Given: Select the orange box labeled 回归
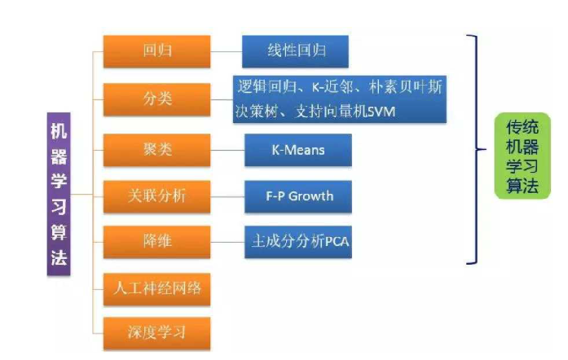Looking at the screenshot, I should tap(156, 50).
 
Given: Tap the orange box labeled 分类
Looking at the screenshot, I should tap(156, 99).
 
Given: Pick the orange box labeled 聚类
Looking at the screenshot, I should tap(156, 149).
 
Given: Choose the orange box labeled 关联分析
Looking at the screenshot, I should tap(156, 195).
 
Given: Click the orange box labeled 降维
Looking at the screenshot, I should tap(156, 241).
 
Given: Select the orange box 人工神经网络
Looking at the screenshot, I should tap(156, 288).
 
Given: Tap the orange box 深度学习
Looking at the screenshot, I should tap(156, 332).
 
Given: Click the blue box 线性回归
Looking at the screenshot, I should tap(295, 50).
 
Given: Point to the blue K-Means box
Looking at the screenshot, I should tap(297, 149).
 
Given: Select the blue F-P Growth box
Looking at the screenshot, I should tap(297, 195).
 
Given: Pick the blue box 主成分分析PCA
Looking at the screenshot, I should tap(297, 241).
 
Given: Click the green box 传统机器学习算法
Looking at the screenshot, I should tap(522, 156).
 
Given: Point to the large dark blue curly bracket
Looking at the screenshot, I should tap(474, 149).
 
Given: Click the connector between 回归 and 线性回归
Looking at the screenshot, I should tap(226, 50).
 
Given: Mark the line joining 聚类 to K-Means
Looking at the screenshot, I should tap(227, 149).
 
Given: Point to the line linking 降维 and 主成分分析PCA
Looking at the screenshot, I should tap(227, 241).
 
